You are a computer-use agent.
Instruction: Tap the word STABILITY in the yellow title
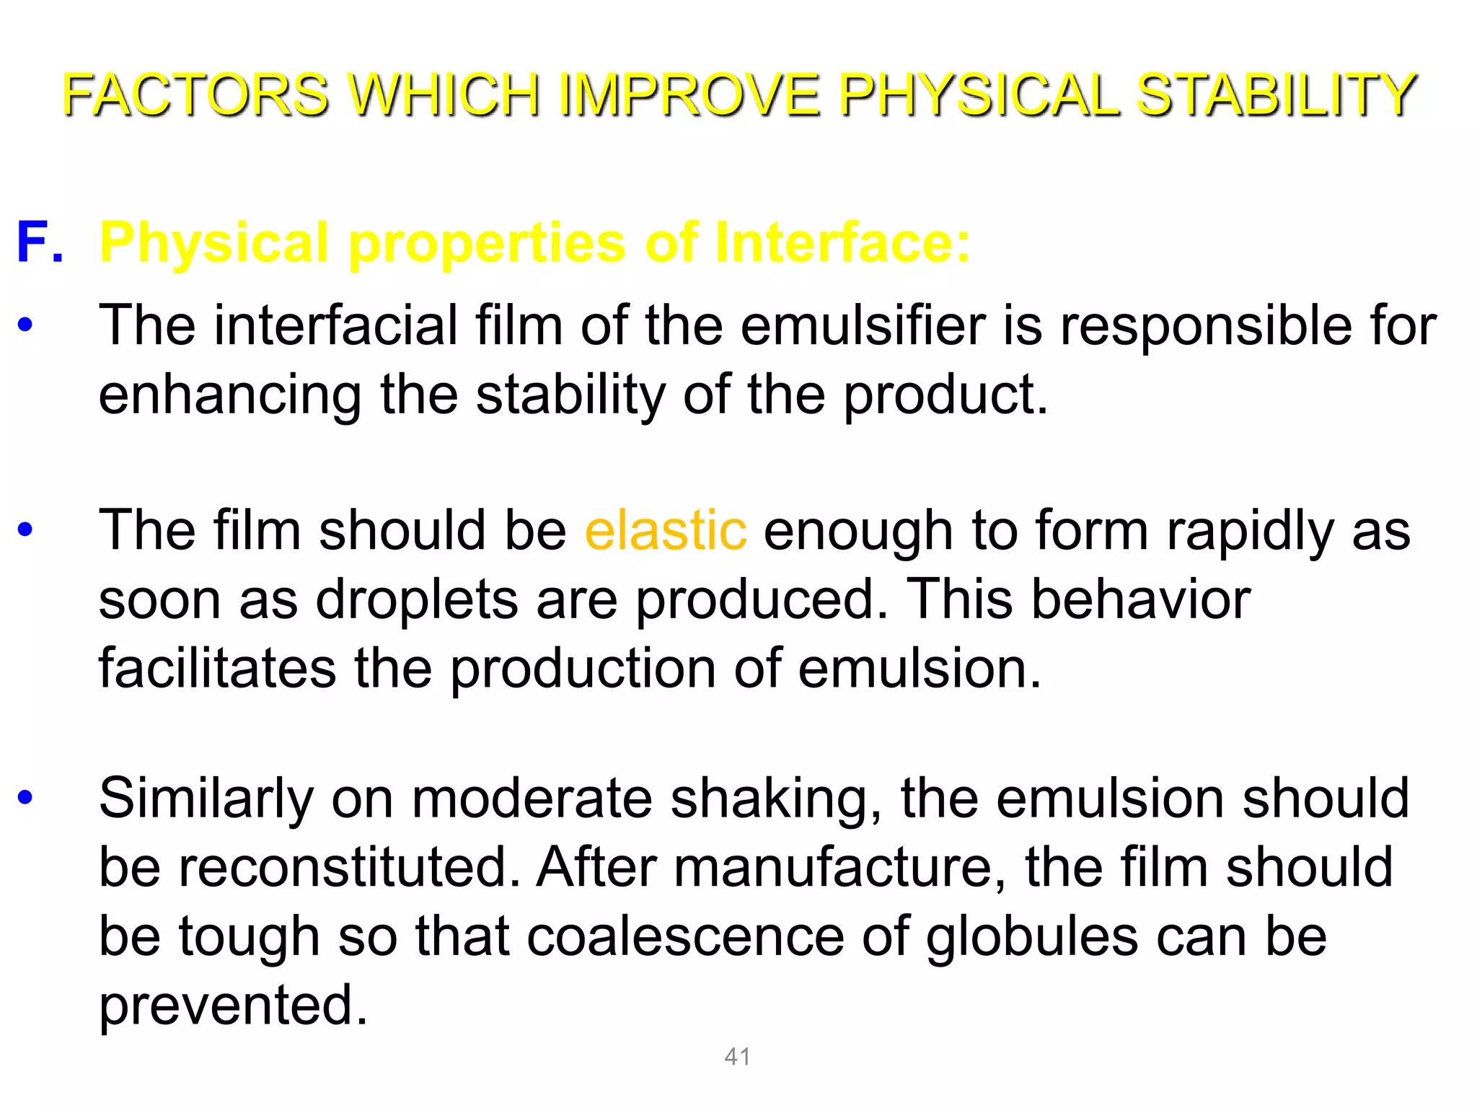click(1277, 94)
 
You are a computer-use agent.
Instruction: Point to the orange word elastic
click(665, 530)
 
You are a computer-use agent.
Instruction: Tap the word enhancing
click(230, 395)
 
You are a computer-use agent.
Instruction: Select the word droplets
click(417, 599)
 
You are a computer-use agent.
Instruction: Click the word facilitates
click(217, 668)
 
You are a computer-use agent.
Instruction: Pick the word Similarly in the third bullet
click(206, 798)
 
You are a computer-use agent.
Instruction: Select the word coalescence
click(685, 936)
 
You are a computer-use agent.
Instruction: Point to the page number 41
click(737, 1057)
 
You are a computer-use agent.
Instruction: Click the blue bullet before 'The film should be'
click(25, 530)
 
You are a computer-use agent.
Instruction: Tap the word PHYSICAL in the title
click(981, 94)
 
